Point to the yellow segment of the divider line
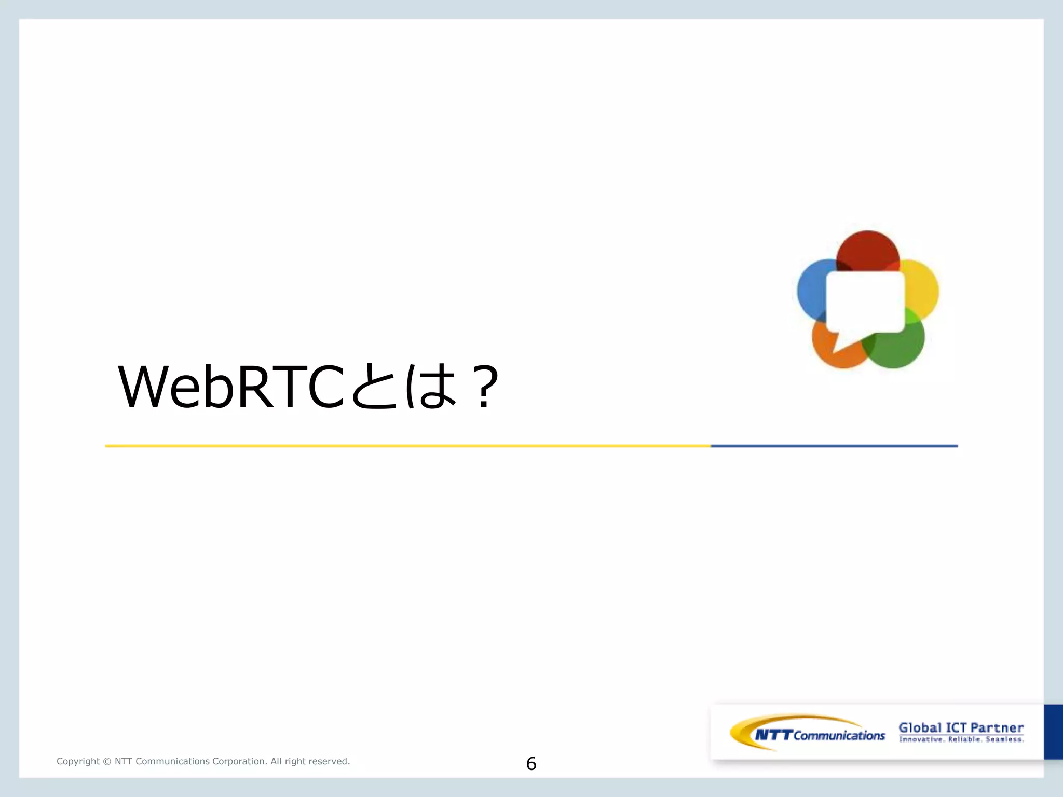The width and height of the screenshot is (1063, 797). pos(407,446)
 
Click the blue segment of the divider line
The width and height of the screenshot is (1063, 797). pos(834,446)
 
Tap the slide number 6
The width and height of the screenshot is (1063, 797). pos(531,763)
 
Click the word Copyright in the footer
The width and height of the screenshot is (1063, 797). pos(78,761)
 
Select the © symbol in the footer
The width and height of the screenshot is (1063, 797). pos(107,761)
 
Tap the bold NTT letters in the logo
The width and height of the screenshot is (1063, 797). pos(773,735)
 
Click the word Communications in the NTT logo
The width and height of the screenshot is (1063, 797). pos(839,735)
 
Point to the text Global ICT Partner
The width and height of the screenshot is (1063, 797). pos(961,727)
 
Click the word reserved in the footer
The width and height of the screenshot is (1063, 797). pos(331,761)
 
